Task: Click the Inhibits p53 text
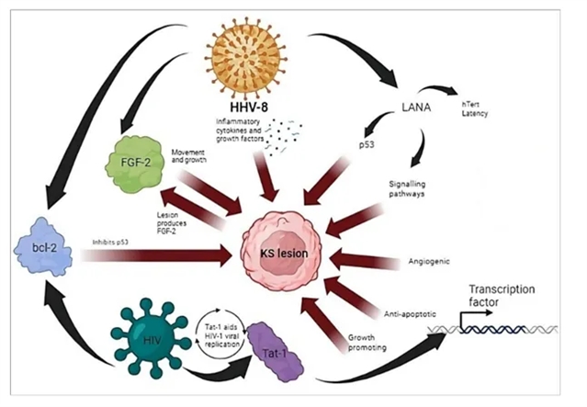(x=119, y=242)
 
